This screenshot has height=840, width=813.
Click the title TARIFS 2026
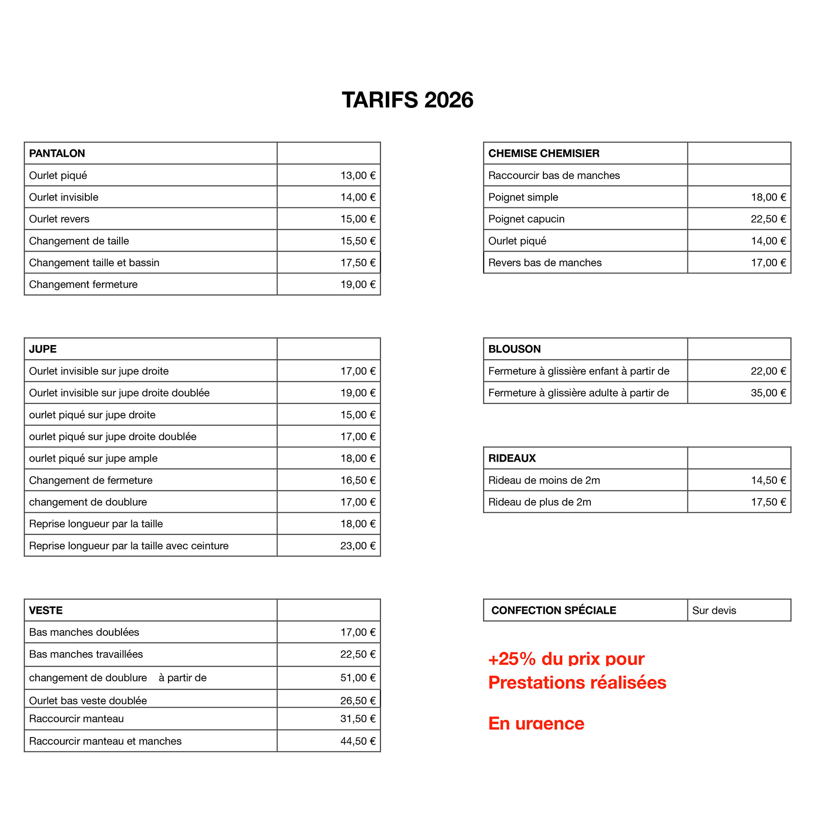(407, 100)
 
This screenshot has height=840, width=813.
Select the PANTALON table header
(57, 154)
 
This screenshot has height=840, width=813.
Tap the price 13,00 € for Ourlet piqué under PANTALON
(358, 175)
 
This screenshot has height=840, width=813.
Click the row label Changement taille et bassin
(94, 262)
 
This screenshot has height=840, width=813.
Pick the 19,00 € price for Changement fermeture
(358, 285)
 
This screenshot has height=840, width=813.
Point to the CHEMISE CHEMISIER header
(544, 154)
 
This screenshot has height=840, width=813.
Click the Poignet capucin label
(526, 219)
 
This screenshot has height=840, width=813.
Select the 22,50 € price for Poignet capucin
(768, 219)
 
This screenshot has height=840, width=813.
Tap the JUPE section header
(43, 349)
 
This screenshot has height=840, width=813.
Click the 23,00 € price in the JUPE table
(358, 546)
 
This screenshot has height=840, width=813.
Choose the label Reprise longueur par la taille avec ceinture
(129, 546)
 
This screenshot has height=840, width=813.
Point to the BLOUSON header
(514, 349)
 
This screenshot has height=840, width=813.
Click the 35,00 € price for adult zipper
(768, 393)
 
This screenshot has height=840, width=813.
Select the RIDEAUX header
(512, 458)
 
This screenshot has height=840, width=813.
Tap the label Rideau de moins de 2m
(544, 480)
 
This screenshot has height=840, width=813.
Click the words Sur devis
(714, 611)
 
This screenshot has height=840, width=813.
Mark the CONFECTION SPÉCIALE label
(554, 611)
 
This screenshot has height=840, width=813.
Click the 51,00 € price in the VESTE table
(358, 678)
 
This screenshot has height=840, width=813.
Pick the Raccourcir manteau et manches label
(105, 741)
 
